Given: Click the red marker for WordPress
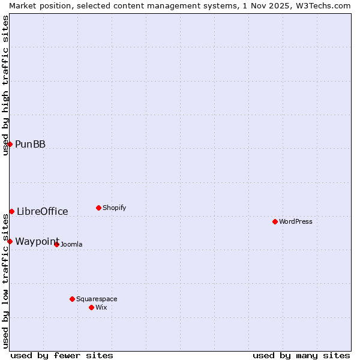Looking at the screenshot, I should pos(275,221).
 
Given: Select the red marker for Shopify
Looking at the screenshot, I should pos(99,208).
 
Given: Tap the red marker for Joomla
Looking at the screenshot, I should pos(57,244).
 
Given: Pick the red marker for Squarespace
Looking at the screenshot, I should pos(73,299).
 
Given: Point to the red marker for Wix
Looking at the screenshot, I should pos(92,307).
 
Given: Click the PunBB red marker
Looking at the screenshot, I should pos(10,144).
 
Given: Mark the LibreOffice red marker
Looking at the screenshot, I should pos(12,211).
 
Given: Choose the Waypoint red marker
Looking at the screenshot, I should pos(10,241).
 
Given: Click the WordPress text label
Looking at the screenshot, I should pos(296,221).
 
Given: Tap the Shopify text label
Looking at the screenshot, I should pos(115,208).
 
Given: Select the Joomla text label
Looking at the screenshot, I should pos(71,244).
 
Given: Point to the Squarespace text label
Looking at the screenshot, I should pos(97,299).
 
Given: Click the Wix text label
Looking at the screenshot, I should pos(101,307).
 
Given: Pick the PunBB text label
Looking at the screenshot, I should pos(31,144).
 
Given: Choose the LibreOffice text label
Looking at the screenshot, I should pos(43,211).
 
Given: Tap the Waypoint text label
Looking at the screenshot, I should pos(37,241).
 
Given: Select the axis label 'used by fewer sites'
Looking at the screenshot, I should pos(62,355).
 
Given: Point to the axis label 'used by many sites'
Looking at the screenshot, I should pos(301,355).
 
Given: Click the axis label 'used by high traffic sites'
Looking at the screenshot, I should pos(5,85).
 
